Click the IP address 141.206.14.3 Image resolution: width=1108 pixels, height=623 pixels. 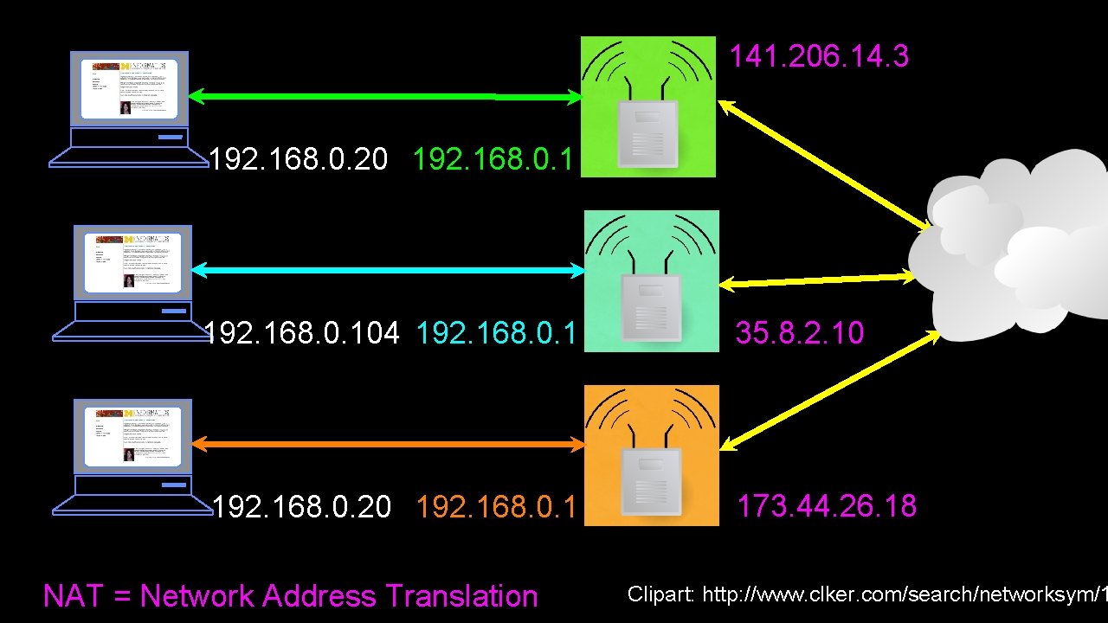pos(818,57)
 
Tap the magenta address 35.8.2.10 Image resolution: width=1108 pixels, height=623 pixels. pos(799,333)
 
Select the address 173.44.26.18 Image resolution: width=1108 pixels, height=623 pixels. pos(826,506)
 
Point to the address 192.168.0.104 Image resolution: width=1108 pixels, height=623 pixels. pos(302,333)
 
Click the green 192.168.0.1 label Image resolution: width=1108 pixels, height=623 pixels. pos(493,159)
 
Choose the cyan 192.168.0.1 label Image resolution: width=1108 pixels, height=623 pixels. pos(496,333)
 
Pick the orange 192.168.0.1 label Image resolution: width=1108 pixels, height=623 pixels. pos(496,506)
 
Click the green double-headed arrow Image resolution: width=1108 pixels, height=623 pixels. pos(386,98)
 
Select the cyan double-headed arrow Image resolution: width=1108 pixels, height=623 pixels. pos(388,271)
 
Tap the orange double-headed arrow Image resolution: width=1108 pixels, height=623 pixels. pos(388,445)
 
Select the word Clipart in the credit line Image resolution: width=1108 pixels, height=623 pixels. pos(660,594)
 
